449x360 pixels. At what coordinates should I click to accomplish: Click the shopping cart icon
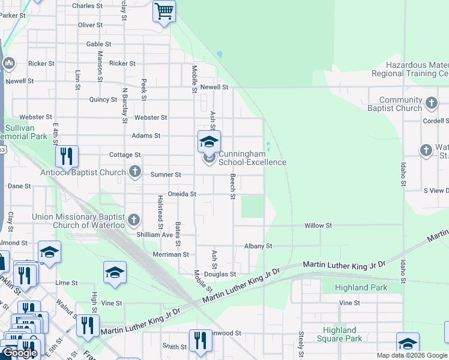point(164,10)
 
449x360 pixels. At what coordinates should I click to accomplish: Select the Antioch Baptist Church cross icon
point(134,172)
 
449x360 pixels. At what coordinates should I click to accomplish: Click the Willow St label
point(318,226)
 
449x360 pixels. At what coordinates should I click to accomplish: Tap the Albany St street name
point(258,246)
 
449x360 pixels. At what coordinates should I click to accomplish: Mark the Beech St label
point(232,184)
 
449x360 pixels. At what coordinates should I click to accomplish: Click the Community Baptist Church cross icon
point(431,104)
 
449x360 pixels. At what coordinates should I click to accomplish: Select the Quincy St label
point(103,100)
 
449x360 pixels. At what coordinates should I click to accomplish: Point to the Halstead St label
point(160,212)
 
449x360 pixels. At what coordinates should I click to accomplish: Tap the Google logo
point(20,353)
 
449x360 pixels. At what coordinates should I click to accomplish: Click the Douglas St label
point(220,274)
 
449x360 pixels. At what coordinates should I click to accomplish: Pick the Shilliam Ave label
point(154,235)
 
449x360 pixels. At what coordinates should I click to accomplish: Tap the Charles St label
point(87,5)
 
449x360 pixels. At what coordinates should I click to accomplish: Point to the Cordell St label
point(435,120)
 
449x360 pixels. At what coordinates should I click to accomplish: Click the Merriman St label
point(171,254)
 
